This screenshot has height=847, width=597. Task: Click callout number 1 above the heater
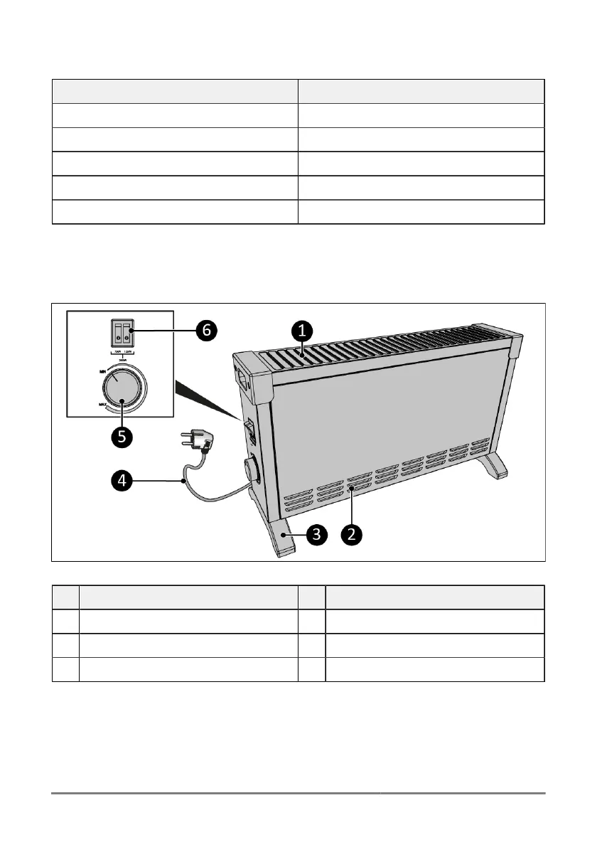click(302, 330)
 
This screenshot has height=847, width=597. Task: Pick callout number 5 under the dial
click(122, 436)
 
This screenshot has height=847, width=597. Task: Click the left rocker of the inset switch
click(117, 331)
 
